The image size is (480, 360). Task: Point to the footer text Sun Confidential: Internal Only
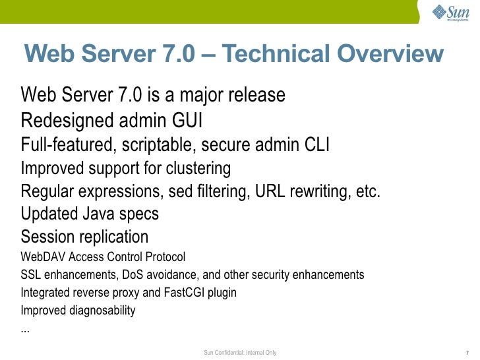pos(240,353)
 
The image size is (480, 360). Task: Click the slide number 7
pos(466,353)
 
